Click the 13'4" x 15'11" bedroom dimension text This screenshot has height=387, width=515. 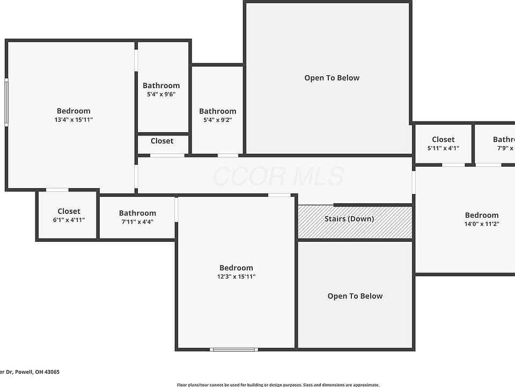click(x=73, y=120)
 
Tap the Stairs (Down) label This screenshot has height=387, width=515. click(x=349, y=219)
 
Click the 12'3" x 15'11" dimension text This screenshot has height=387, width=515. click(x=236, y=277)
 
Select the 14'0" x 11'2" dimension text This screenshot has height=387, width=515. click(x=481, y=224)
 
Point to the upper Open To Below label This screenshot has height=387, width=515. click(x=332, y=78)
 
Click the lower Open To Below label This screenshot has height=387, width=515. click(x=355, y=296)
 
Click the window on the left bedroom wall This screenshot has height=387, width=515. click(x=7, y=102)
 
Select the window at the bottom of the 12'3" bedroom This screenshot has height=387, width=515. click(x=234, y=349)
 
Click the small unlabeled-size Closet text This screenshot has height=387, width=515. click(x=161, y=141)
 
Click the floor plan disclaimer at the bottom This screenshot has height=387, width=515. click(x=278, y=384)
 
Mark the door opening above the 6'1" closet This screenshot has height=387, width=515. click(x=57, y=190)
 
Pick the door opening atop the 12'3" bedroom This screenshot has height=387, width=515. click(x=279, y=195)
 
